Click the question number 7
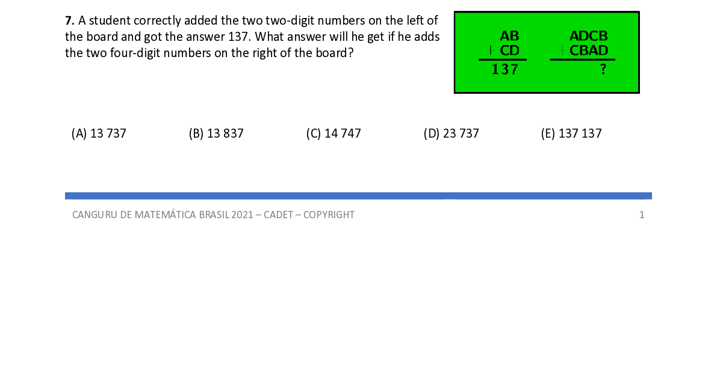pyautogui.click(x=68, y=20)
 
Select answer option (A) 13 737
pyautogui.click(x=99, y=133)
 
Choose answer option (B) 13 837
pyautogui.click(x=216, y=133)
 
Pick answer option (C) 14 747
pyautogui.click(x=334, y=133)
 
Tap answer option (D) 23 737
pyautogui.click(x=452, y=133)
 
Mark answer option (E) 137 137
pyautogui.click(x=571, y=133)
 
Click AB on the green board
pyautogui.click(x=509, y=37)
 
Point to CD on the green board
pyautogui.click(x=509, y=50)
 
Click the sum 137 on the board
pyautogui.click(x=504, y=70)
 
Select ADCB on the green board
pyautogui.click(x=589, y=37)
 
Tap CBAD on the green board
pyautogui.click(x=589, y=50)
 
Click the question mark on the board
pyautogui.click(x=603, y=70)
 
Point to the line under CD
pyautogui.click(x=503, y=60)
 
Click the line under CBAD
pyautogui.click(x=582, y=60)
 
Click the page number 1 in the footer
pyautogui.click(x=642, y=215)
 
